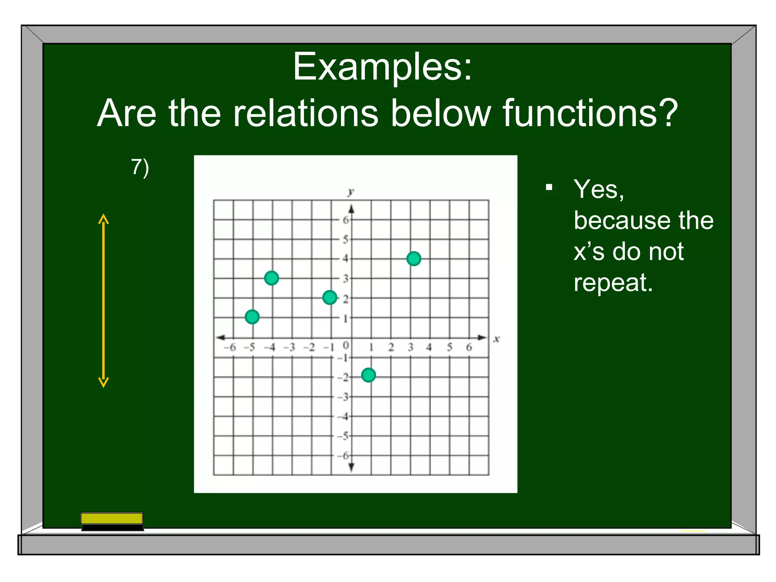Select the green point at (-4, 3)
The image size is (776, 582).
271,278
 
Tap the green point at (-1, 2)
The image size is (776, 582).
330,297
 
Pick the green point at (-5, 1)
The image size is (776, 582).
252,317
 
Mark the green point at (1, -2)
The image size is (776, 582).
368,375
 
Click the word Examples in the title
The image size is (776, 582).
382,67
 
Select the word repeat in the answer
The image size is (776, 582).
613,283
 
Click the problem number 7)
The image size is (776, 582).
140,167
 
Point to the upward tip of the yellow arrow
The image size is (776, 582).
103,216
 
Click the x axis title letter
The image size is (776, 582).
496,339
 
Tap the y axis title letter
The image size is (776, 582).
351,192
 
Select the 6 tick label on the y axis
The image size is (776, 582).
345,220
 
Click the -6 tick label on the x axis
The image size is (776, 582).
230,347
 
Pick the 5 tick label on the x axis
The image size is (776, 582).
449,347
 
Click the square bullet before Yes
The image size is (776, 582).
549,187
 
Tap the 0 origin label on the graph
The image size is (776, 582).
345,345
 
